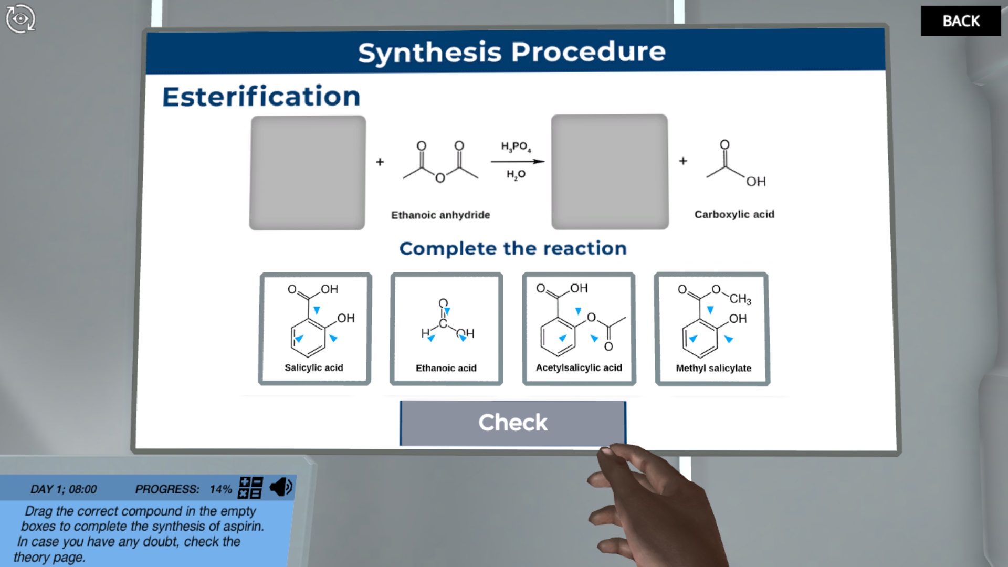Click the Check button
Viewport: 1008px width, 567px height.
click(x=512, y=423)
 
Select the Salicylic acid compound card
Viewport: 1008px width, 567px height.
click(x=315, y=329)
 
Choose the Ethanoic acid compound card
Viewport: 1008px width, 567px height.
click(x=446, y=329)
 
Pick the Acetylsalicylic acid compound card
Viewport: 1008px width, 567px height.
click(x=579, y=329)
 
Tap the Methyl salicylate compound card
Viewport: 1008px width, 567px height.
click(x=712, y=329)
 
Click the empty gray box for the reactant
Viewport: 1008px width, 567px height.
click(x=308, y=173)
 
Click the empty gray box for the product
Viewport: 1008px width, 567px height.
click(x=610, y=172)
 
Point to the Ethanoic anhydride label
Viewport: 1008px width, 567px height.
click(x=440, y=215)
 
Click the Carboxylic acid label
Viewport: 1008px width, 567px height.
click(x=734, y=214)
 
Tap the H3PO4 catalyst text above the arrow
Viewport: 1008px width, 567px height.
click(x=516, y=146)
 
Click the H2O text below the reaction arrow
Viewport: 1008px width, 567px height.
click(x=516, y=174)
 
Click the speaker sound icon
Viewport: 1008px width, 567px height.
click(x=281, y=487)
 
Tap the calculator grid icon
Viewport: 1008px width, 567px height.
click(x=250, y=487)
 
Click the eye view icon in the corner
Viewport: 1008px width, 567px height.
click(x=20, y=19)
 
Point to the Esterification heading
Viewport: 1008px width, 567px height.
click(x=261, y=97)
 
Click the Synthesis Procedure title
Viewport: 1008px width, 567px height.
click(x=512, y=52)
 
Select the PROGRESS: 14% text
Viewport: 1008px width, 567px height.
click(x=183, y=489)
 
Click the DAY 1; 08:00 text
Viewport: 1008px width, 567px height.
click(x=64, y=489)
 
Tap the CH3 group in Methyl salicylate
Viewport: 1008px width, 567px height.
click(x=740, y=299)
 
